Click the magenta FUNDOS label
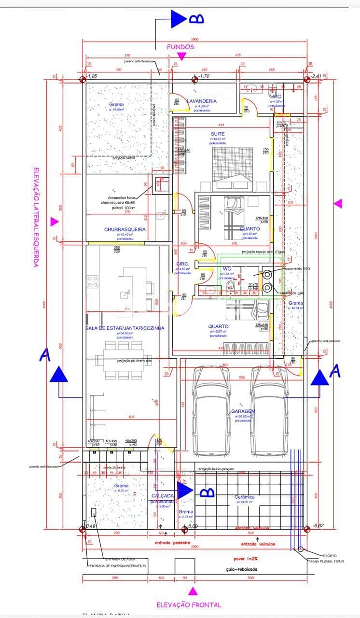(x=180, y=47)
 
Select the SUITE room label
(x=217, y=134)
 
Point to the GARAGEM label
(x=243, y=411)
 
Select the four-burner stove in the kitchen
(x=93, y=281)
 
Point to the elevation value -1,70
(x=204, y=76)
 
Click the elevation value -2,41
(x=317, y=76)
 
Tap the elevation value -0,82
(x=318, y=525)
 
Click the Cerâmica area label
(x=244, y=497)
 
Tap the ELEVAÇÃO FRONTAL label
(x=189, y=604)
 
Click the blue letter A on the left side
(x=44, y=355)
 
